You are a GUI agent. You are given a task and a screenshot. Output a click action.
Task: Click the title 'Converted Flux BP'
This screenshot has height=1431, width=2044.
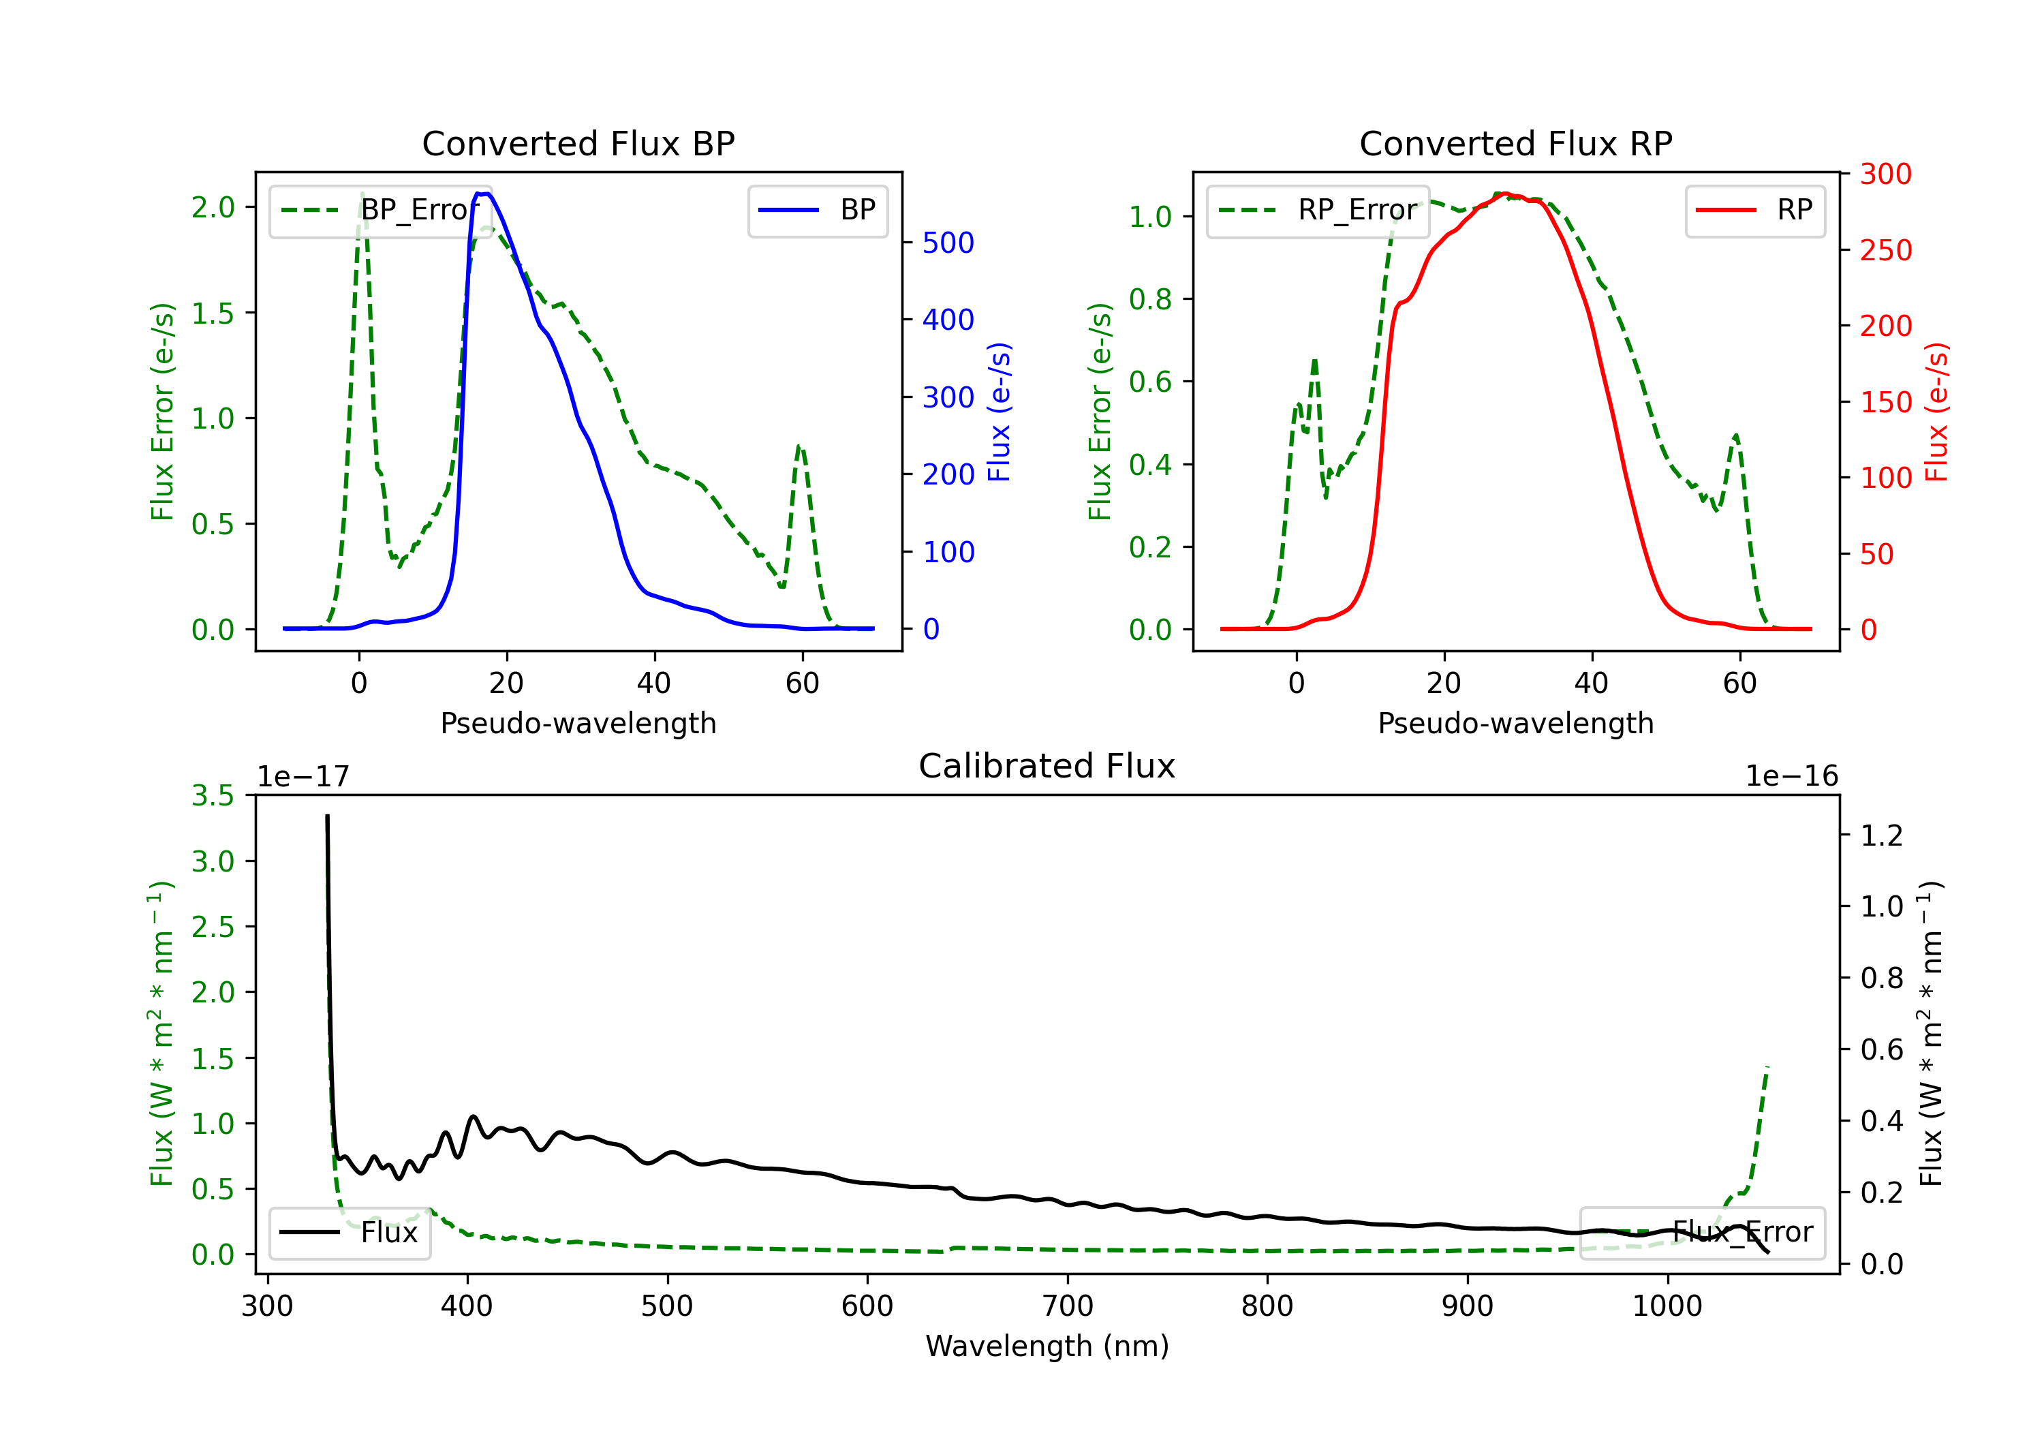(x=578, y=143)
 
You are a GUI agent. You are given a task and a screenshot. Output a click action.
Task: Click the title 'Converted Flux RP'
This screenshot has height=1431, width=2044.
(x=1515, y=143)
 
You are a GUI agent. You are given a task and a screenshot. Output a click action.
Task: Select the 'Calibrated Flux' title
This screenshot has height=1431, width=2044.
(x=1047, y=766)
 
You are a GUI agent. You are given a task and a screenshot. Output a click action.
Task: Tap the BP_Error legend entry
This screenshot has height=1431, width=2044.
(x=380, y=210)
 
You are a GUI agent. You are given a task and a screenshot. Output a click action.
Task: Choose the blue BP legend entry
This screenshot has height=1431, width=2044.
(x=817, y=210)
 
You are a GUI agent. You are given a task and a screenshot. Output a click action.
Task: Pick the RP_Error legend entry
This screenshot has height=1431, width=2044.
(x=1318, y=210)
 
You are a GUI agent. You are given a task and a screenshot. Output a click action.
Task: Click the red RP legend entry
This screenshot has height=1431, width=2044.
(x=1754, y=210)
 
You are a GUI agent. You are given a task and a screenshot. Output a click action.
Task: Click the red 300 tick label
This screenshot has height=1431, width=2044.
(x=1885, y=174)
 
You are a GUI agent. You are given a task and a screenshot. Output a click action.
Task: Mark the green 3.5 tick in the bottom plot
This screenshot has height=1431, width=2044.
(x=213, y=796)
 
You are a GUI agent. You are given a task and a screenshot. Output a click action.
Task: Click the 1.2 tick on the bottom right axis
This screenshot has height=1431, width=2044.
(x=1882, y=835)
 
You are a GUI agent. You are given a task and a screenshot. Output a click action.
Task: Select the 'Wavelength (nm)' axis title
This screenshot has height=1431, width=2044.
(x=1047, y=1346)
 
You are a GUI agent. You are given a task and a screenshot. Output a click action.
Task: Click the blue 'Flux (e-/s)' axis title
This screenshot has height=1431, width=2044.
(x=1000, y=412)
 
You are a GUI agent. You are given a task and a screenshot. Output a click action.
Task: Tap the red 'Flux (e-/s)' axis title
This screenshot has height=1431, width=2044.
(x=1937, y=412)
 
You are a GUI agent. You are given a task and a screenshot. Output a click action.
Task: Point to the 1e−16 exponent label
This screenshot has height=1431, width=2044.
(x=1791, y=777)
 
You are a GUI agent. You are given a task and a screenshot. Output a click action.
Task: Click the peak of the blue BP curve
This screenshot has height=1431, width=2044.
(x=482, y=194)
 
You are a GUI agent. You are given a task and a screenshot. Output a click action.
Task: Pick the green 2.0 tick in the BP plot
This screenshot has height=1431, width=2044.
(x=213, y=207)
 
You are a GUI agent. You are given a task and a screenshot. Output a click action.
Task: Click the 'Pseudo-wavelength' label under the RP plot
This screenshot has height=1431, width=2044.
(x=1515, y=723)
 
